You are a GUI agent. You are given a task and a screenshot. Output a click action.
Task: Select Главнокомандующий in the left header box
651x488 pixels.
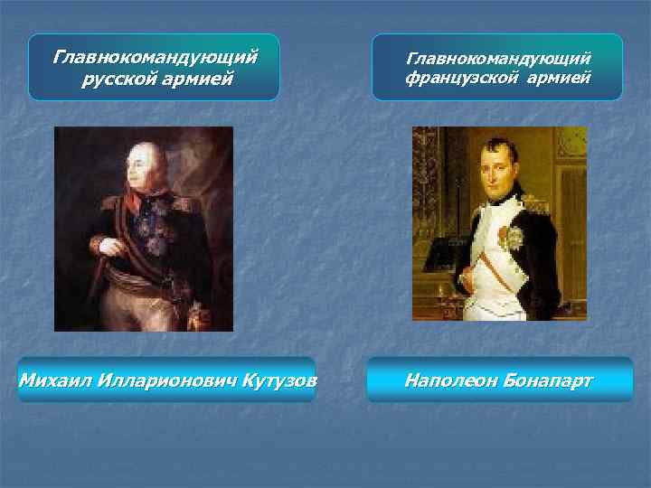tap(155, 57)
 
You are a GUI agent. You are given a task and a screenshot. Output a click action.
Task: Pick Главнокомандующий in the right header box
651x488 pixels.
tap(498, 58)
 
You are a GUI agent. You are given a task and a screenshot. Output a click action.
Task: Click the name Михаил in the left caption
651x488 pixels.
tap(49, 380)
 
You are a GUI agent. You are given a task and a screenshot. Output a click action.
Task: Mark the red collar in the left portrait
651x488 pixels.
tap(137, 203)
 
